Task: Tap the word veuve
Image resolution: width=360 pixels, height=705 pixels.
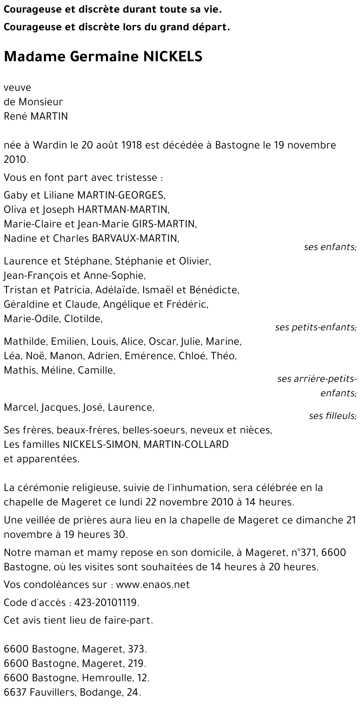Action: point(17,88)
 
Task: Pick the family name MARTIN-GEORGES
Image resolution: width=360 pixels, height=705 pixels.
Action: point(121,195)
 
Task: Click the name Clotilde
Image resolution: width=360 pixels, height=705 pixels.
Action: point(83,318)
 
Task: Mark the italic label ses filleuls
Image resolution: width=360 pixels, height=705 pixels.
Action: point(332,416)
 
